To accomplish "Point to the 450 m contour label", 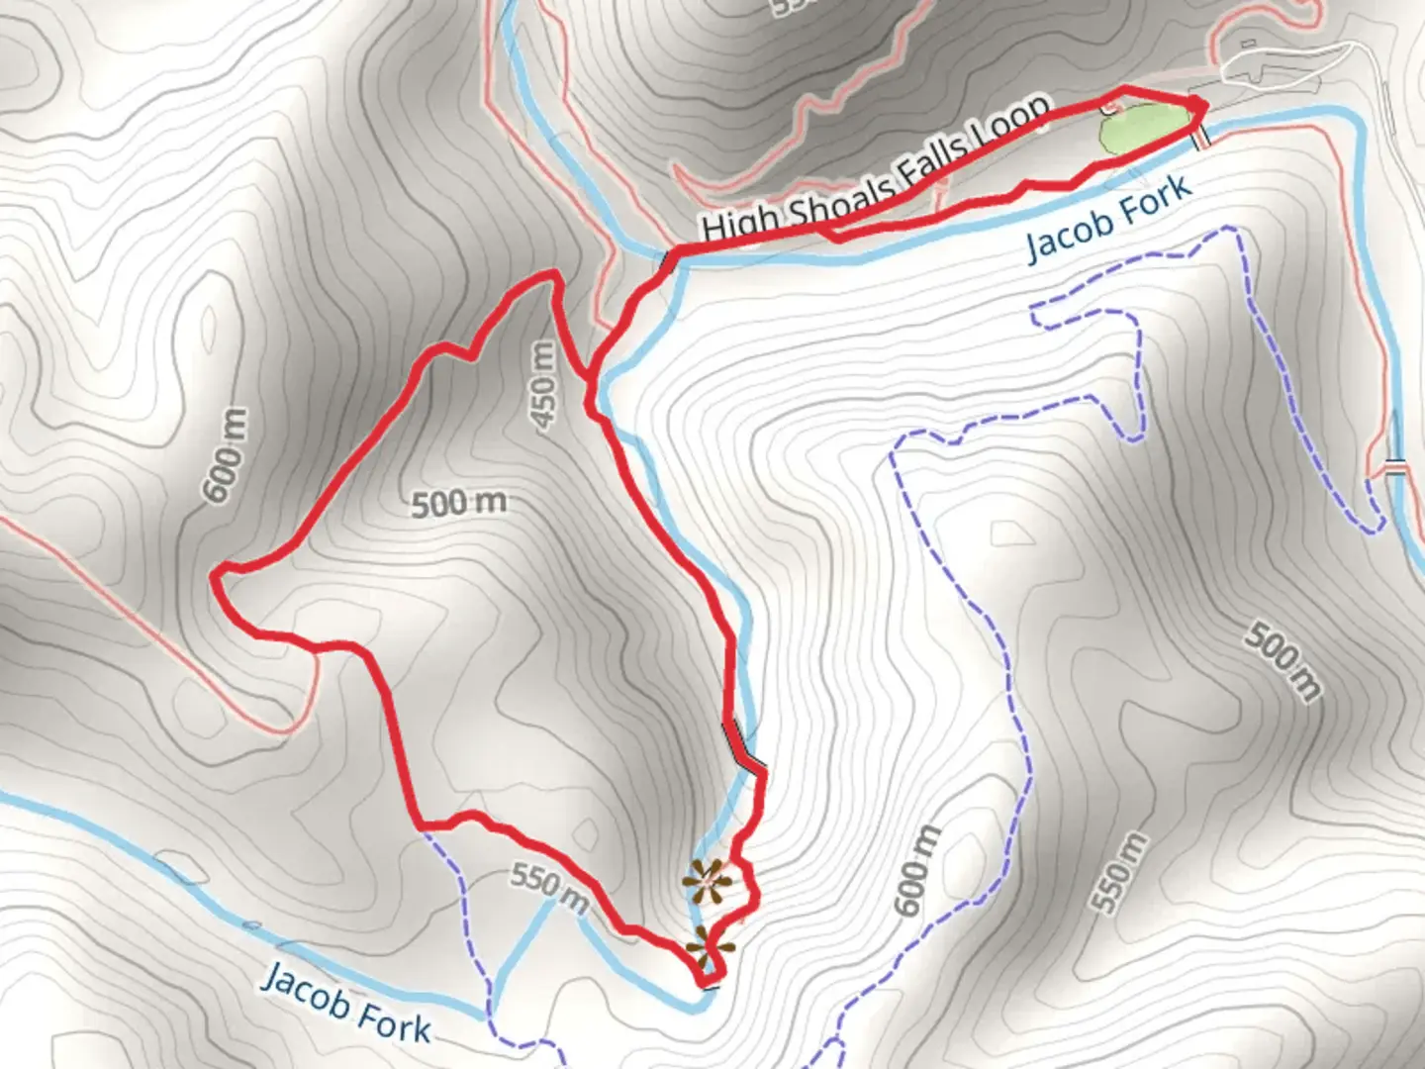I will [543, 385].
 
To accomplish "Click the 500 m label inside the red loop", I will [458, 503].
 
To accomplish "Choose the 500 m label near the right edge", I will [1282, 660].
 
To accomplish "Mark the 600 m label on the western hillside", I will [225, 454].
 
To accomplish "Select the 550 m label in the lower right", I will [1121, 872].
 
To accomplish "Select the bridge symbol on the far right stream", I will [1395, 467].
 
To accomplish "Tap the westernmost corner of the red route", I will [218, 572].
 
